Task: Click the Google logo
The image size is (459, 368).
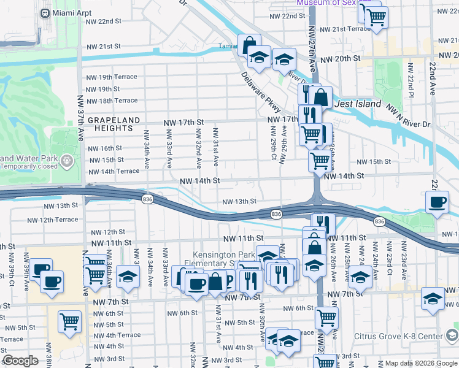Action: click(x=20, y=361)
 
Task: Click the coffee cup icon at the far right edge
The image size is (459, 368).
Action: click(x=438, y=203)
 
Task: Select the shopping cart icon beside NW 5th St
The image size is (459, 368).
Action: click(x=69, y=321)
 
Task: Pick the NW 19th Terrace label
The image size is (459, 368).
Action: click(x=112, y=77)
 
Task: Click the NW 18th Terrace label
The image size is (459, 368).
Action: click(x=112, y=101)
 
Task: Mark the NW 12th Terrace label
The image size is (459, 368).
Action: click(x=53, y=220)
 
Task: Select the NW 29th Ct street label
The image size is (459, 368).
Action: click(x=272, y=140)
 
